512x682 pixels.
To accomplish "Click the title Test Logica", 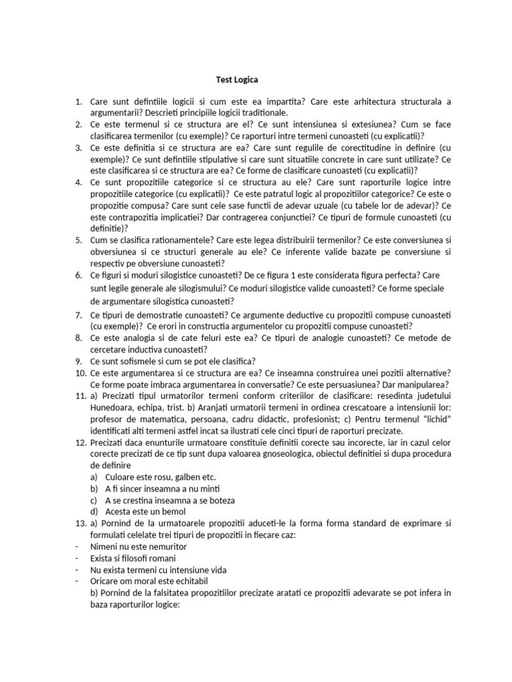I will (x=237, y=79).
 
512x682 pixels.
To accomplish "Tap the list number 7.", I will (x=78, y=314).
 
